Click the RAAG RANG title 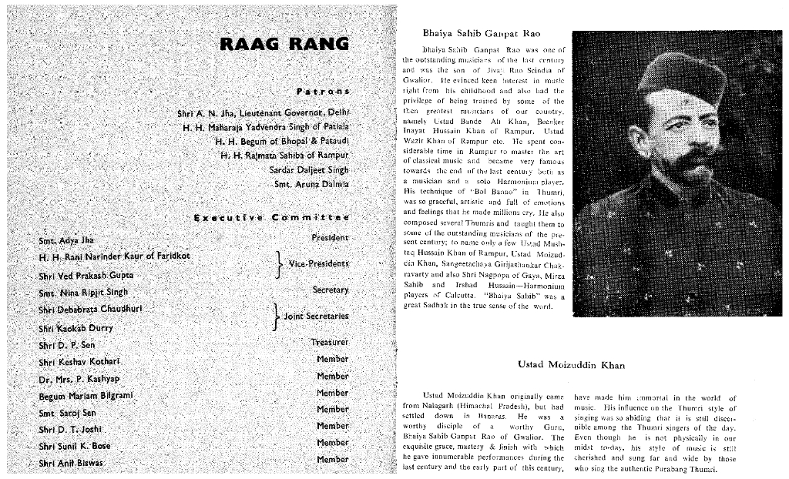[x=284, y=43]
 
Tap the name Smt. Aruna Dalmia [x=311, y=184]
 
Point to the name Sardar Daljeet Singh [x=308, y=169]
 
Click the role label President [x=330, y=238]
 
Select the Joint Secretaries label [x=316, y=317]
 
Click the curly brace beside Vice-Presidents [x=279, y=264]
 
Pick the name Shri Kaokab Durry [x=76, y=328]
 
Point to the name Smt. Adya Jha [x=65, y=240]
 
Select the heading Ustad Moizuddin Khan [x=570, y=364]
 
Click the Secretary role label [x=331, y=290]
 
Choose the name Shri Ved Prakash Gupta [x=86, y=275]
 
